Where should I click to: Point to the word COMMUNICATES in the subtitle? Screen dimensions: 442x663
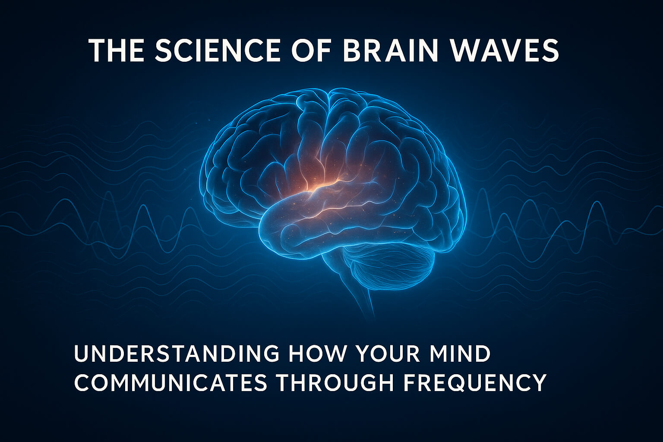pyautogui.click(x=171, y=382)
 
